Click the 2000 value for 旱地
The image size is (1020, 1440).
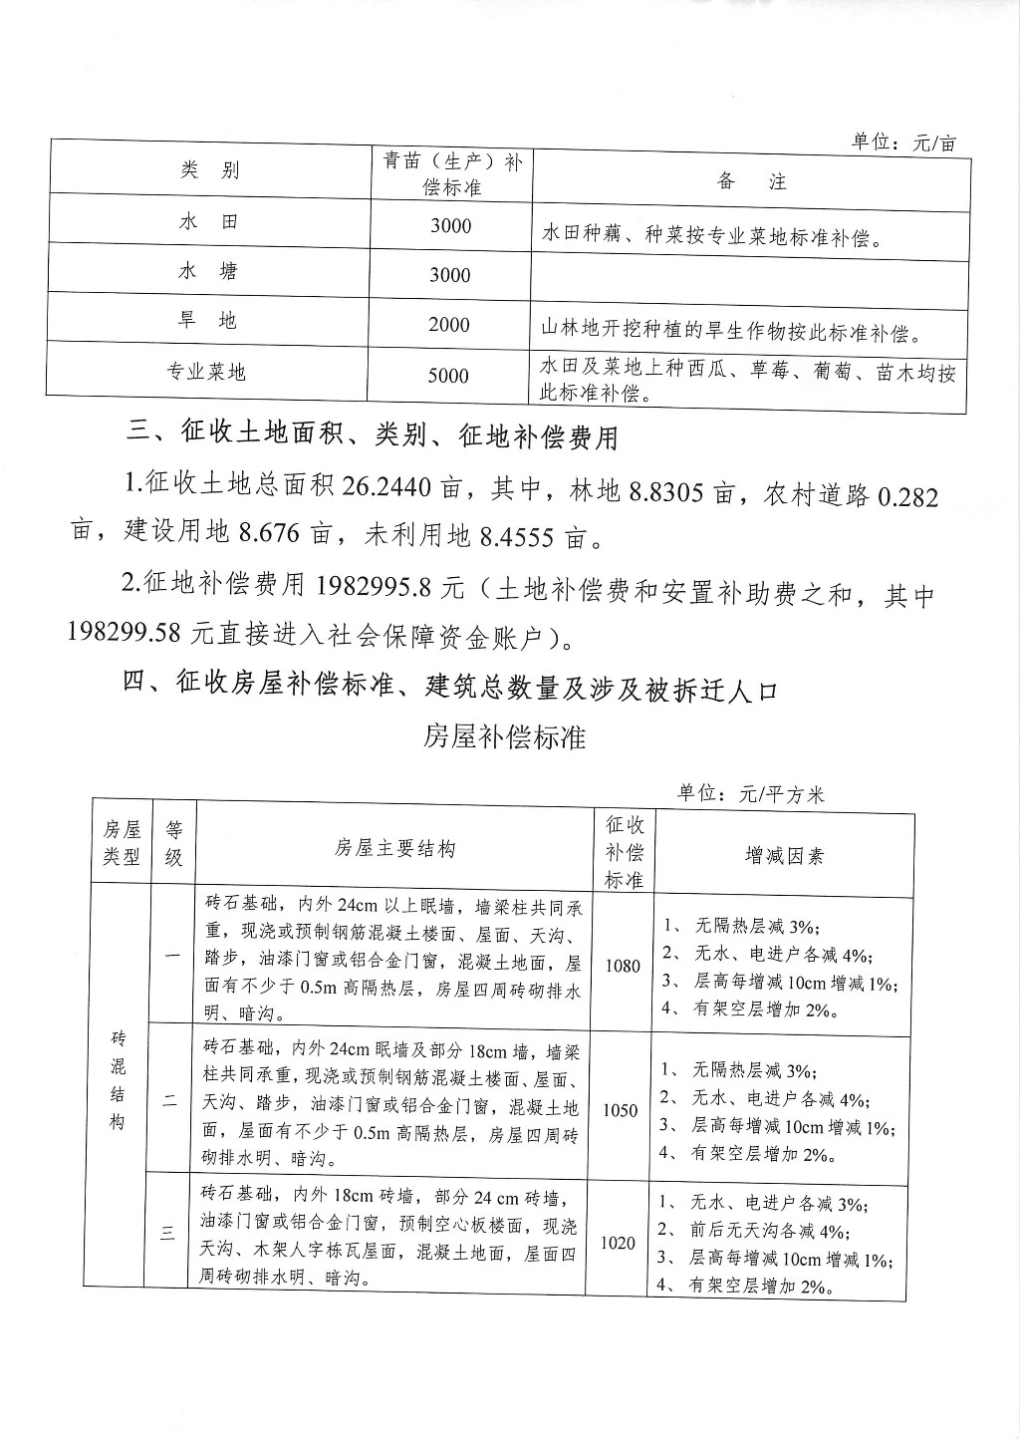[x=449, y=325]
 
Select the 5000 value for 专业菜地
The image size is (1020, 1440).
[x=448, y=376]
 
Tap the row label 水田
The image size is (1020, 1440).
[x=208, y=221]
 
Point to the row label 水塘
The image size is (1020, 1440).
[x=208, y=271]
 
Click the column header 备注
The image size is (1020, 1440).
[x=751, y=181]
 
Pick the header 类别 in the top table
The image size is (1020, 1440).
[x=209, y=170]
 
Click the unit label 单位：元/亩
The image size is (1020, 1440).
[x=903, y=143]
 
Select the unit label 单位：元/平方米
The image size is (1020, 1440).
[x=751, y=794]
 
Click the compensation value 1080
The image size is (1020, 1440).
[x=623, y=965]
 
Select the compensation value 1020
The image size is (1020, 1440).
[x=619, y=1243]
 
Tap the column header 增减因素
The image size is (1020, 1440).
[x=785, y=855]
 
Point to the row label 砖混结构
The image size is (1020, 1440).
[x=118, y=1080]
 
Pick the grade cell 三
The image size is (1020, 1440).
[x=168, y=1234]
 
